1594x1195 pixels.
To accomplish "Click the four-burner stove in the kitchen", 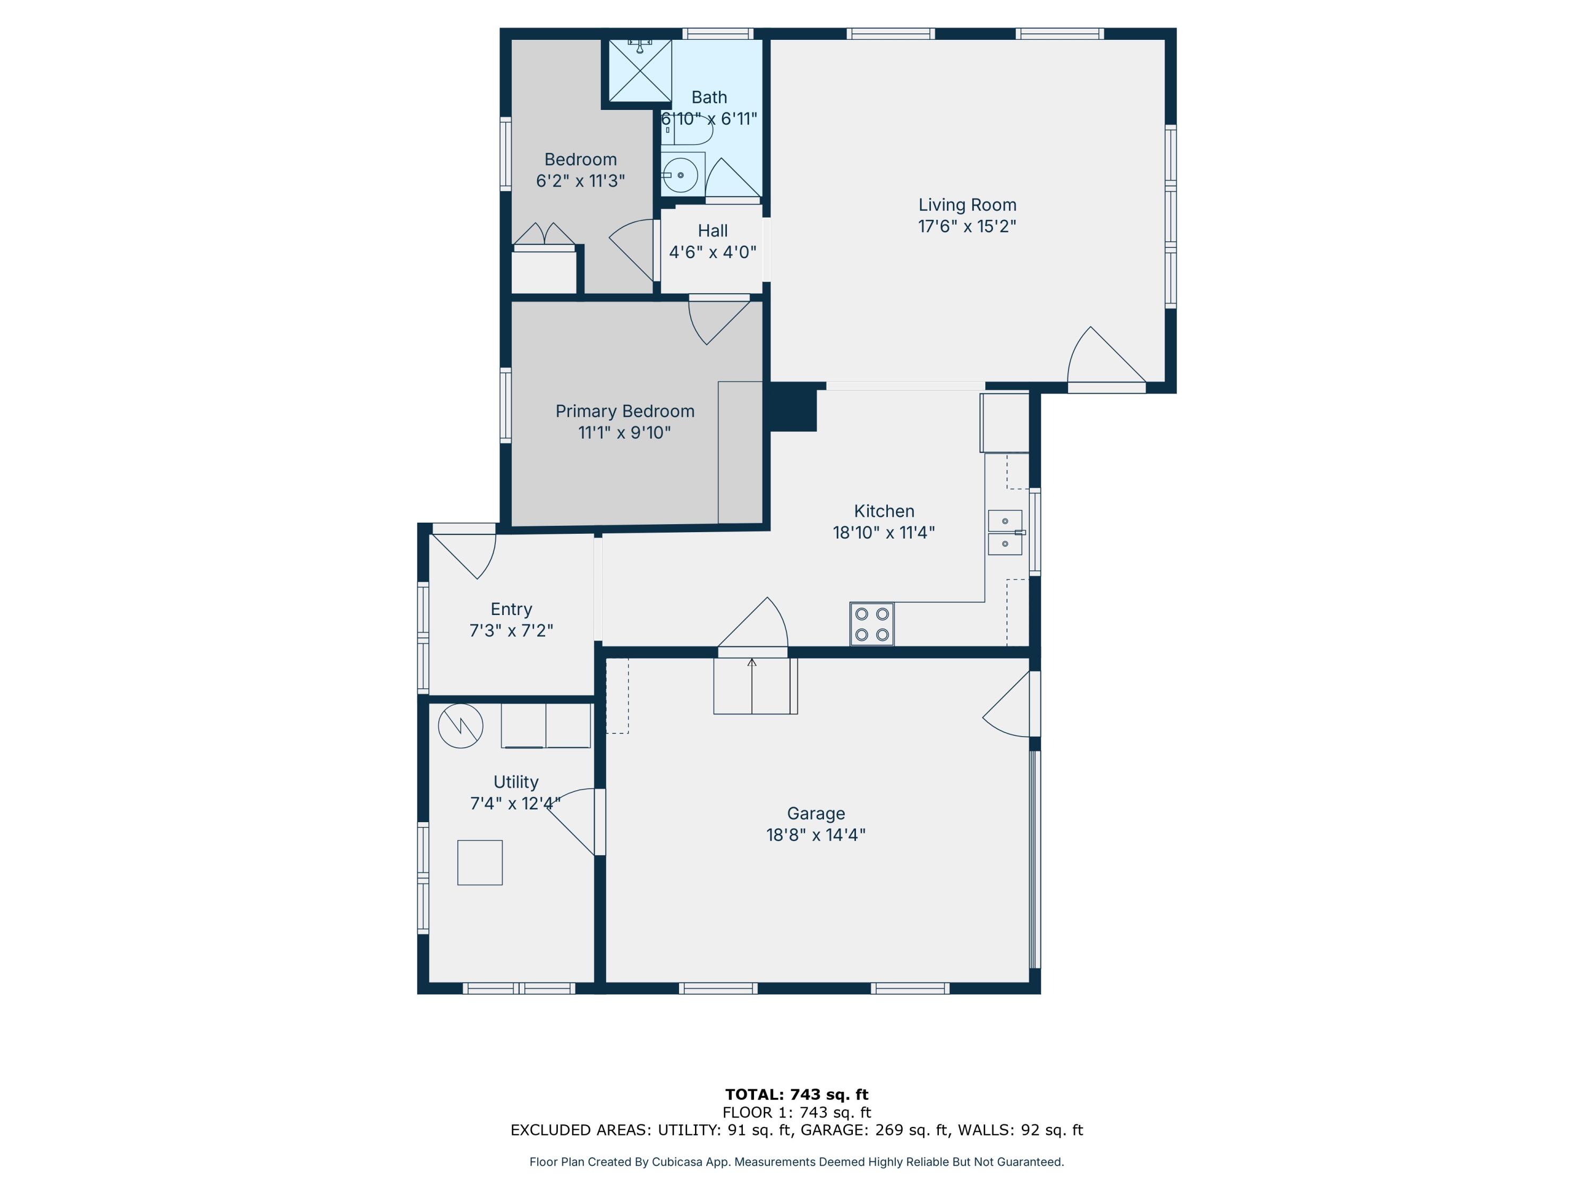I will tap(871, 624).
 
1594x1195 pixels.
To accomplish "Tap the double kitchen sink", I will tap(1005, 532).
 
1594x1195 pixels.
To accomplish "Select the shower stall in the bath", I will tap(640, 71).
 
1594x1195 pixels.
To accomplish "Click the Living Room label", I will tap(967, 206).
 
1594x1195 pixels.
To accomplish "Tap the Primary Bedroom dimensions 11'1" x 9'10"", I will tap(624, 432).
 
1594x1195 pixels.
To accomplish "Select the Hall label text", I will tap(712, 231).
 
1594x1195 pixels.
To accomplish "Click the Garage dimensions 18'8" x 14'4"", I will tap(815, 835).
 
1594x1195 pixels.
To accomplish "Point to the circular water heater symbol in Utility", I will tap(461, 725).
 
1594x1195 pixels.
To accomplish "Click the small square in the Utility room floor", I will tap(479, 862).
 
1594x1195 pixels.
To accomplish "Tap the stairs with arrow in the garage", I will tap(754, 685).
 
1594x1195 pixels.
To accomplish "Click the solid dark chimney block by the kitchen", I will tap(793, 407).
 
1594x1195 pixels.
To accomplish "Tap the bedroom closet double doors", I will tap(544, 235).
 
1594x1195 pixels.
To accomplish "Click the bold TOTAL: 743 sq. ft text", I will tap(796, 1095).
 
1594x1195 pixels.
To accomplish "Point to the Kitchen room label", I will tap(884, 511).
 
